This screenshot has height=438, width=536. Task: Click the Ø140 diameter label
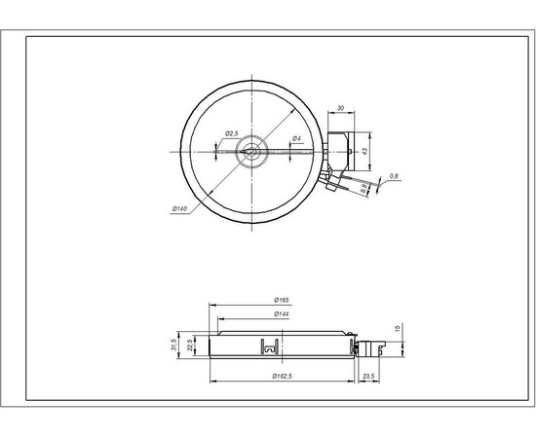click(x=178, y=208)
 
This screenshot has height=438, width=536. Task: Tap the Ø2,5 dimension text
click(x=233, y=132)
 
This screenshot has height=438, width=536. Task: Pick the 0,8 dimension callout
click(x=394, y=175)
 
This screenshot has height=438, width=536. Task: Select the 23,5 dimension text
click(x=367, y=376)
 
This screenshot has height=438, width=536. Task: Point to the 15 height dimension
click(x=397, y=328)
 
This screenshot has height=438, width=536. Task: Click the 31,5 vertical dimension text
click(x=174, y=346)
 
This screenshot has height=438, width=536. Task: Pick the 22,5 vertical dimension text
click(x=191, y=347)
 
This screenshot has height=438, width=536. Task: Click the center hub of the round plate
click(x=252, y=151)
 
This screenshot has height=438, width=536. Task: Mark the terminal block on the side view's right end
click(x=366, y=345)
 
